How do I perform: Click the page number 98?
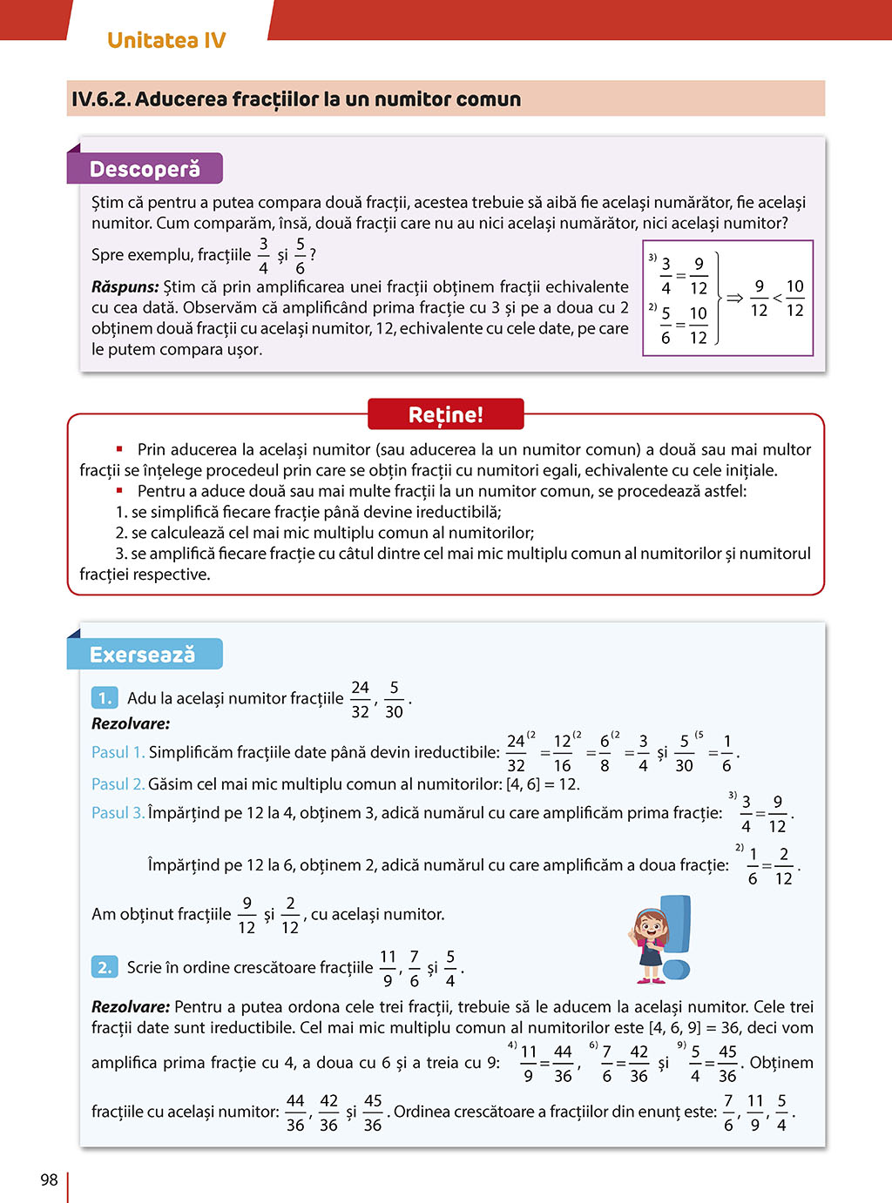point(49,1179)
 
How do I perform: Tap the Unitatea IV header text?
point(166,40)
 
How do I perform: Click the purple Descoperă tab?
point(145,169)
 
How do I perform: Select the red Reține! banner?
point(445,414)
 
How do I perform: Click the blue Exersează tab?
point(144,655)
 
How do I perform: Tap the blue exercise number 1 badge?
point(105,698)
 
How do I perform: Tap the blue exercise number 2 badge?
point(105,967)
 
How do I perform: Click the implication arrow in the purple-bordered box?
point(734,298)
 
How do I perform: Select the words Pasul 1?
point(118,752)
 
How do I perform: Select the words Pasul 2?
point(118,784)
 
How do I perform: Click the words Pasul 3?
point(118,813)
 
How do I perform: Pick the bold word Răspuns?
point(125,286)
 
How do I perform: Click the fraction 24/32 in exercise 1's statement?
point(360,699)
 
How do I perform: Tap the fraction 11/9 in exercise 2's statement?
point(388,968)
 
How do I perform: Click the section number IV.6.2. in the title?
point(101,99)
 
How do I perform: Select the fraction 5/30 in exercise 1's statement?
point(394,699)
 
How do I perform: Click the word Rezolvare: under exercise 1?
point(131,723)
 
